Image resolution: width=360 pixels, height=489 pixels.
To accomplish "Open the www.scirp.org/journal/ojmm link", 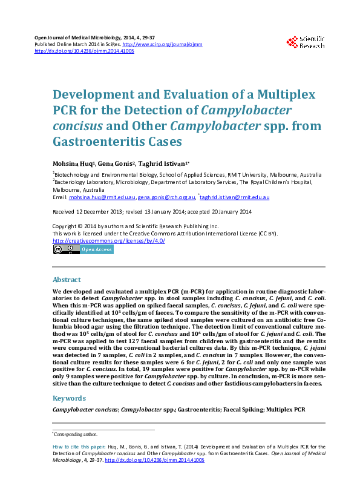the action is click(x=162, y=44).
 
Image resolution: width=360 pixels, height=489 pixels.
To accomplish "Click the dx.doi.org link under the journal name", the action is click(x=84, y=51).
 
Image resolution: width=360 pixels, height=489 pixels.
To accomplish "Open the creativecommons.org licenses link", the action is click(x=109, y=240).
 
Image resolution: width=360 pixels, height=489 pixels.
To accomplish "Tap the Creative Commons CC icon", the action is click(x=59, y=249).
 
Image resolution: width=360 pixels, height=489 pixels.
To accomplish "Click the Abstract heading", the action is click(x=67, y=280).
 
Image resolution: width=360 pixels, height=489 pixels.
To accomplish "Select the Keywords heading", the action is click(x=69, y=398).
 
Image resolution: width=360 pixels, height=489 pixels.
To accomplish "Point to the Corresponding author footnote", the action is click(x=76, y=434).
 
